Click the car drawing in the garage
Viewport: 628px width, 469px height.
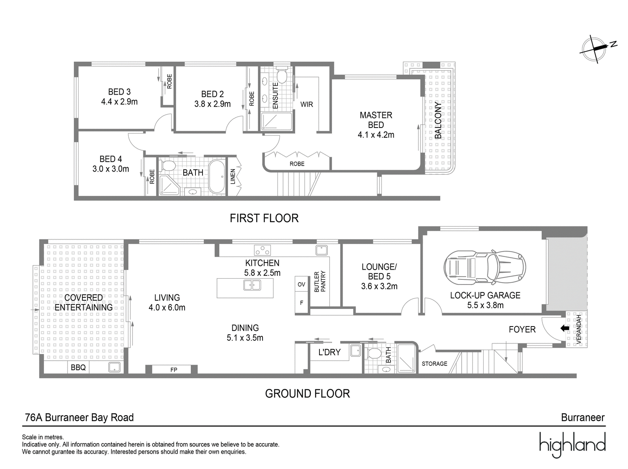(x=485, y=268)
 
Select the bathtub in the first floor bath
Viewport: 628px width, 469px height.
(x=217, y=177)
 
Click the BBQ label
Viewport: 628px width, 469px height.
(x=78, y=367)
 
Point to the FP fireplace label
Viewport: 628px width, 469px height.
(x=173, y=370)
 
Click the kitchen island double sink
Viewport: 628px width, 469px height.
(x=252, y=285)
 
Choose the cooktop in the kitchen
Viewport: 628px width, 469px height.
(x=262, y=250)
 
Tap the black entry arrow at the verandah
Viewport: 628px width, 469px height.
(x=564, y=328)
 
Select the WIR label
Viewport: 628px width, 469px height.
(x=307, y=104)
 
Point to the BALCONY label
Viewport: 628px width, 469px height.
(x=438, y=120)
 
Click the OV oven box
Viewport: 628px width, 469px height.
(x=301, y=284)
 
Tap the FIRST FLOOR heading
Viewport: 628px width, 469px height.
(x=264, y=218)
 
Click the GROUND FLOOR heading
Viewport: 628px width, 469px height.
(x=307, y=394)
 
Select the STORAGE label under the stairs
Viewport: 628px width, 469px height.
(x=434, y=364)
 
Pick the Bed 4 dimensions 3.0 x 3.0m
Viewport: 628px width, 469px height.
(x=111, y=169)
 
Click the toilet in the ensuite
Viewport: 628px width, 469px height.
(x=282, y=75)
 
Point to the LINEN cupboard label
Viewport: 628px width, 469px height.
(x=233, y=177)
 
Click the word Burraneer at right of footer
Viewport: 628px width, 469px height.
(x=583, y=418)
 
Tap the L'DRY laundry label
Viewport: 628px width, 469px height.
(x=329, y=352)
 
